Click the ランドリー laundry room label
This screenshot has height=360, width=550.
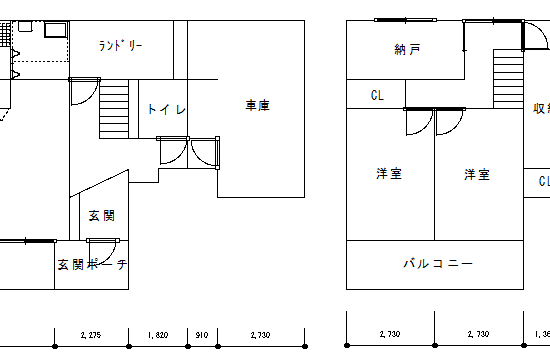(121, 46)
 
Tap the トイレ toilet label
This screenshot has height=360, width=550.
(166, 109)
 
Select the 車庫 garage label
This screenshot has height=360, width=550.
(258, 105)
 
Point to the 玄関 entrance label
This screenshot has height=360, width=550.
(101, 215)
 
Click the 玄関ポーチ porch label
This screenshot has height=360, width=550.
(92, 265)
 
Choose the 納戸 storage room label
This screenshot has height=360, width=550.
(407, 48)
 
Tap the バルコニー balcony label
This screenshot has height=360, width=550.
(437, 264)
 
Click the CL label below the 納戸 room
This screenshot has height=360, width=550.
(377, 96)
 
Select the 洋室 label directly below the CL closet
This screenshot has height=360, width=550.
(388, 174)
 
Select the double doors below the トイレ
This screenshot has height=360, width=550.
(188, 152)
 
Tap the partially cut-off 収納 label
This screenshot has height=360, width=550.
(541, 108)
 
